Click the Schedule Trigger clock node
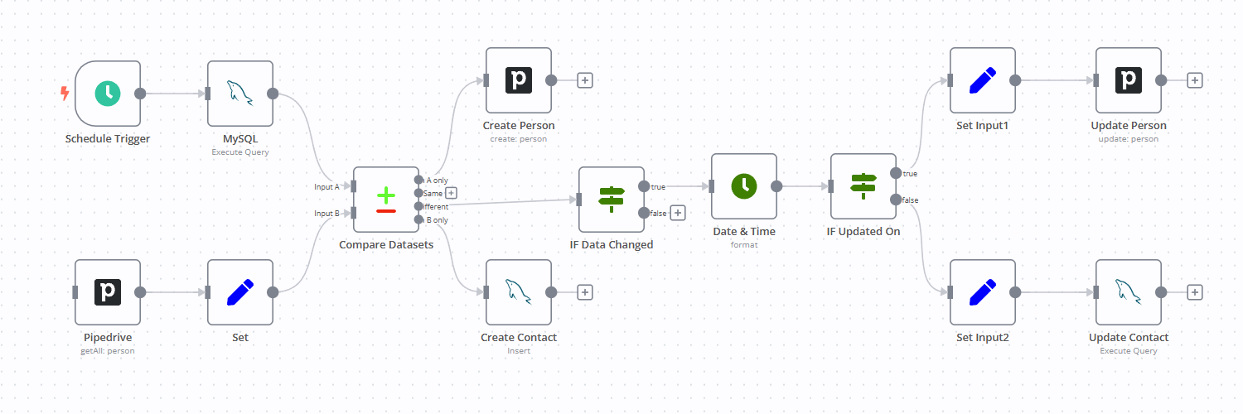(x=108, y=94)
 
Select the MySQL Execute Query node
(x=240, y=94)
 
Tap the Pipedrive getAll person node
(x=108, y=292)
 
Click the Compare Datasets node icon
(x=386, y=200)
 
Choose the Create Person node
(x=519, y=80)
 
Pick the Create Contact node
(x=519, y=292)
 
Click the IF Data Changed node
(x=612, y=200)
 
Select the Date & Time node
(x=744, y=186)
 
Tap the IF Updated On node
(x=863, y=186)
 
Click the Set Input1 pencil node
(x=983, y=80)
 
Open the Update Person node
(x=1129, y=80)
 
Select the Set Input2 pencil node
(x=983, y=292)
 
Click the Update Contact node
(x=1129, y=292)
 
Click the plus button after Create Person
(x=585, y=80)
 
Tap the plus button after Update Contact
(x=1195, y=292)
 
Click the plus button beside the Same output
(x=452, y=193)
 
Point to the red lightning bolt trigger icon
(x=65, y=94)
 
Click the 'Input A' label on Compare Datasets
(x=326, y=186)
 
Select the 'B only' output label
(x=437, y=219)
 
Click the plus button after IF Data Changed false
(x=678, y=213)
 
